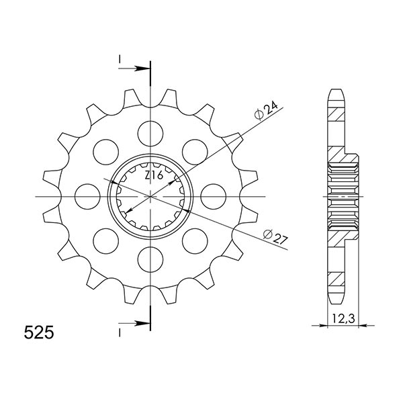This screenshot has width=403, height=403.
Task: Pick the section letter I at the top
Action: point(119,61)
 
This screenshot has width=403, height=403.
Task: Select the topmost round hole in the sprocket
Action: point(150,129)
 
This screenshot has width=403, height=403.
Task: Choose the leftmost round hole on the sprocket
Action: point(87,196)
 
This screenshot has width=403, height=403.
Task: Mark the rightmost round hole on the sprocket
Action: point(213,196)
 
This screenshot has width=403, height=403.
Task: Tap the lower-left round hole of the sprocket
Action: point(105,240)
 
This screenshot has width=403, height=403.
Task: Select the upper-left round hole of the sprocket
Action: point(105,149)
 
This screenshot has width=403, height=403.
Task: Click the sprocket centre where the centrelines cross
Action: point(150,196)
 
